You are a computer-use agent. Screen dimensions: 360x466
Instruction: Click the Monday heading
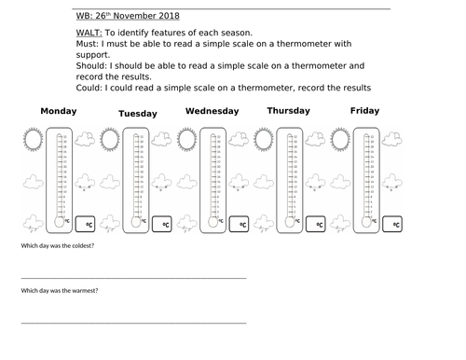coord(59,112)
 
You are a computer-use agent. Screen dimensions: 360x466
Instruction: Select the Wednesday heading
coord(212,111)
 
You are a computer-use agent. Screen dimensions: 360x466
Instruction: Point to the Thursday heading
coord(290,111)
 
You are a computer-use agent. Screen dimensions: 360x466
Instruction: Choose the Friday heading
coord(364,111)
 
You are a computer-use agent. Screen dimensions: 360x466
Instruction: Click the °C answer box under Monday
coord(89,224)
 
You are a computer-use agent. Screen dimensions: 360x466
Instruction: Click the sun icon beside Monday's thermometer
coord(33,141)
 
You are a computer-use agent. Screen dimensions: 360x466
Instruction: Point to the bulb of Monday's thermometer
coord(61,221)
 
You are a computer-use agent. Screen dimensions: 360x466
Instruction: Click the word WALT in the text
coord(85,32)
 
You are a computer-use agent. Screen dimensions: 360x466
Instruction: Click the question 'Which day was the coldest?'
coord(58,245)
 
